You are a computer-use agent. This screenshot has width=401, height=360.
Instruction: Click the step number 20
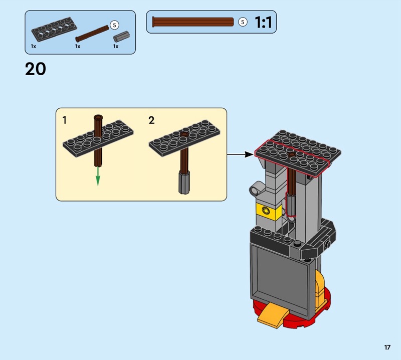[36, 69]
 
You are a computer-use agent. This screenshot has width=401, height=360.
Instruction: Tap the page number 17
[387, 347]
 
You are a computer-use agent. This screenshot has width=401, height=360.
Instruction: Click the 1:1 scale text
[263, 22]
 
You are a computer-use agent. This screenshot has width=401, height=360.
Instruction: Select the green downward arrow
[98, 176]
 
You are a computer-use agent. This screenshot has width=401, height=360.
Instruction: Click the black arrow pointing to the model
[240, 154]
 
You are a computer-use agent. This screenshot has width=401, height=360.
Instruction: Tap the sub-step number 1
[65, 120]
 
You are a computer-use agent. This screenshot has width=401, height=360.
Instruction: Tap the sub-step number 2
[151, 120]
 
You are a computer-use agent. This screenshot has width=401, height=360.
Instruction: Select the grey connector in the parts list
[121, 37]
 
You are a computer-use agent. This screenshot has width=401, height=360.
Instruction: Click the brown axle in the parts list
[92, 34]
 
